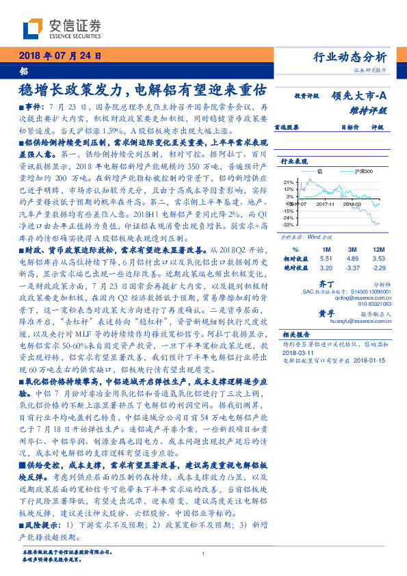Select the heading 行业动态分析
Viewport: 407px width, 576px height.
[354, 57]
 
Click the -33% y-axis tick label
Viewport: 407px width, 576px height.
[287, 224]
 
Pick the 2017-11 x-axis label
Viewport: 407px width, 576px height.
[325, 204]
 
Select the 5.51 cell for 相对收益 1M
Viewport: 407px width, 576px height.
[326, 259]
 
